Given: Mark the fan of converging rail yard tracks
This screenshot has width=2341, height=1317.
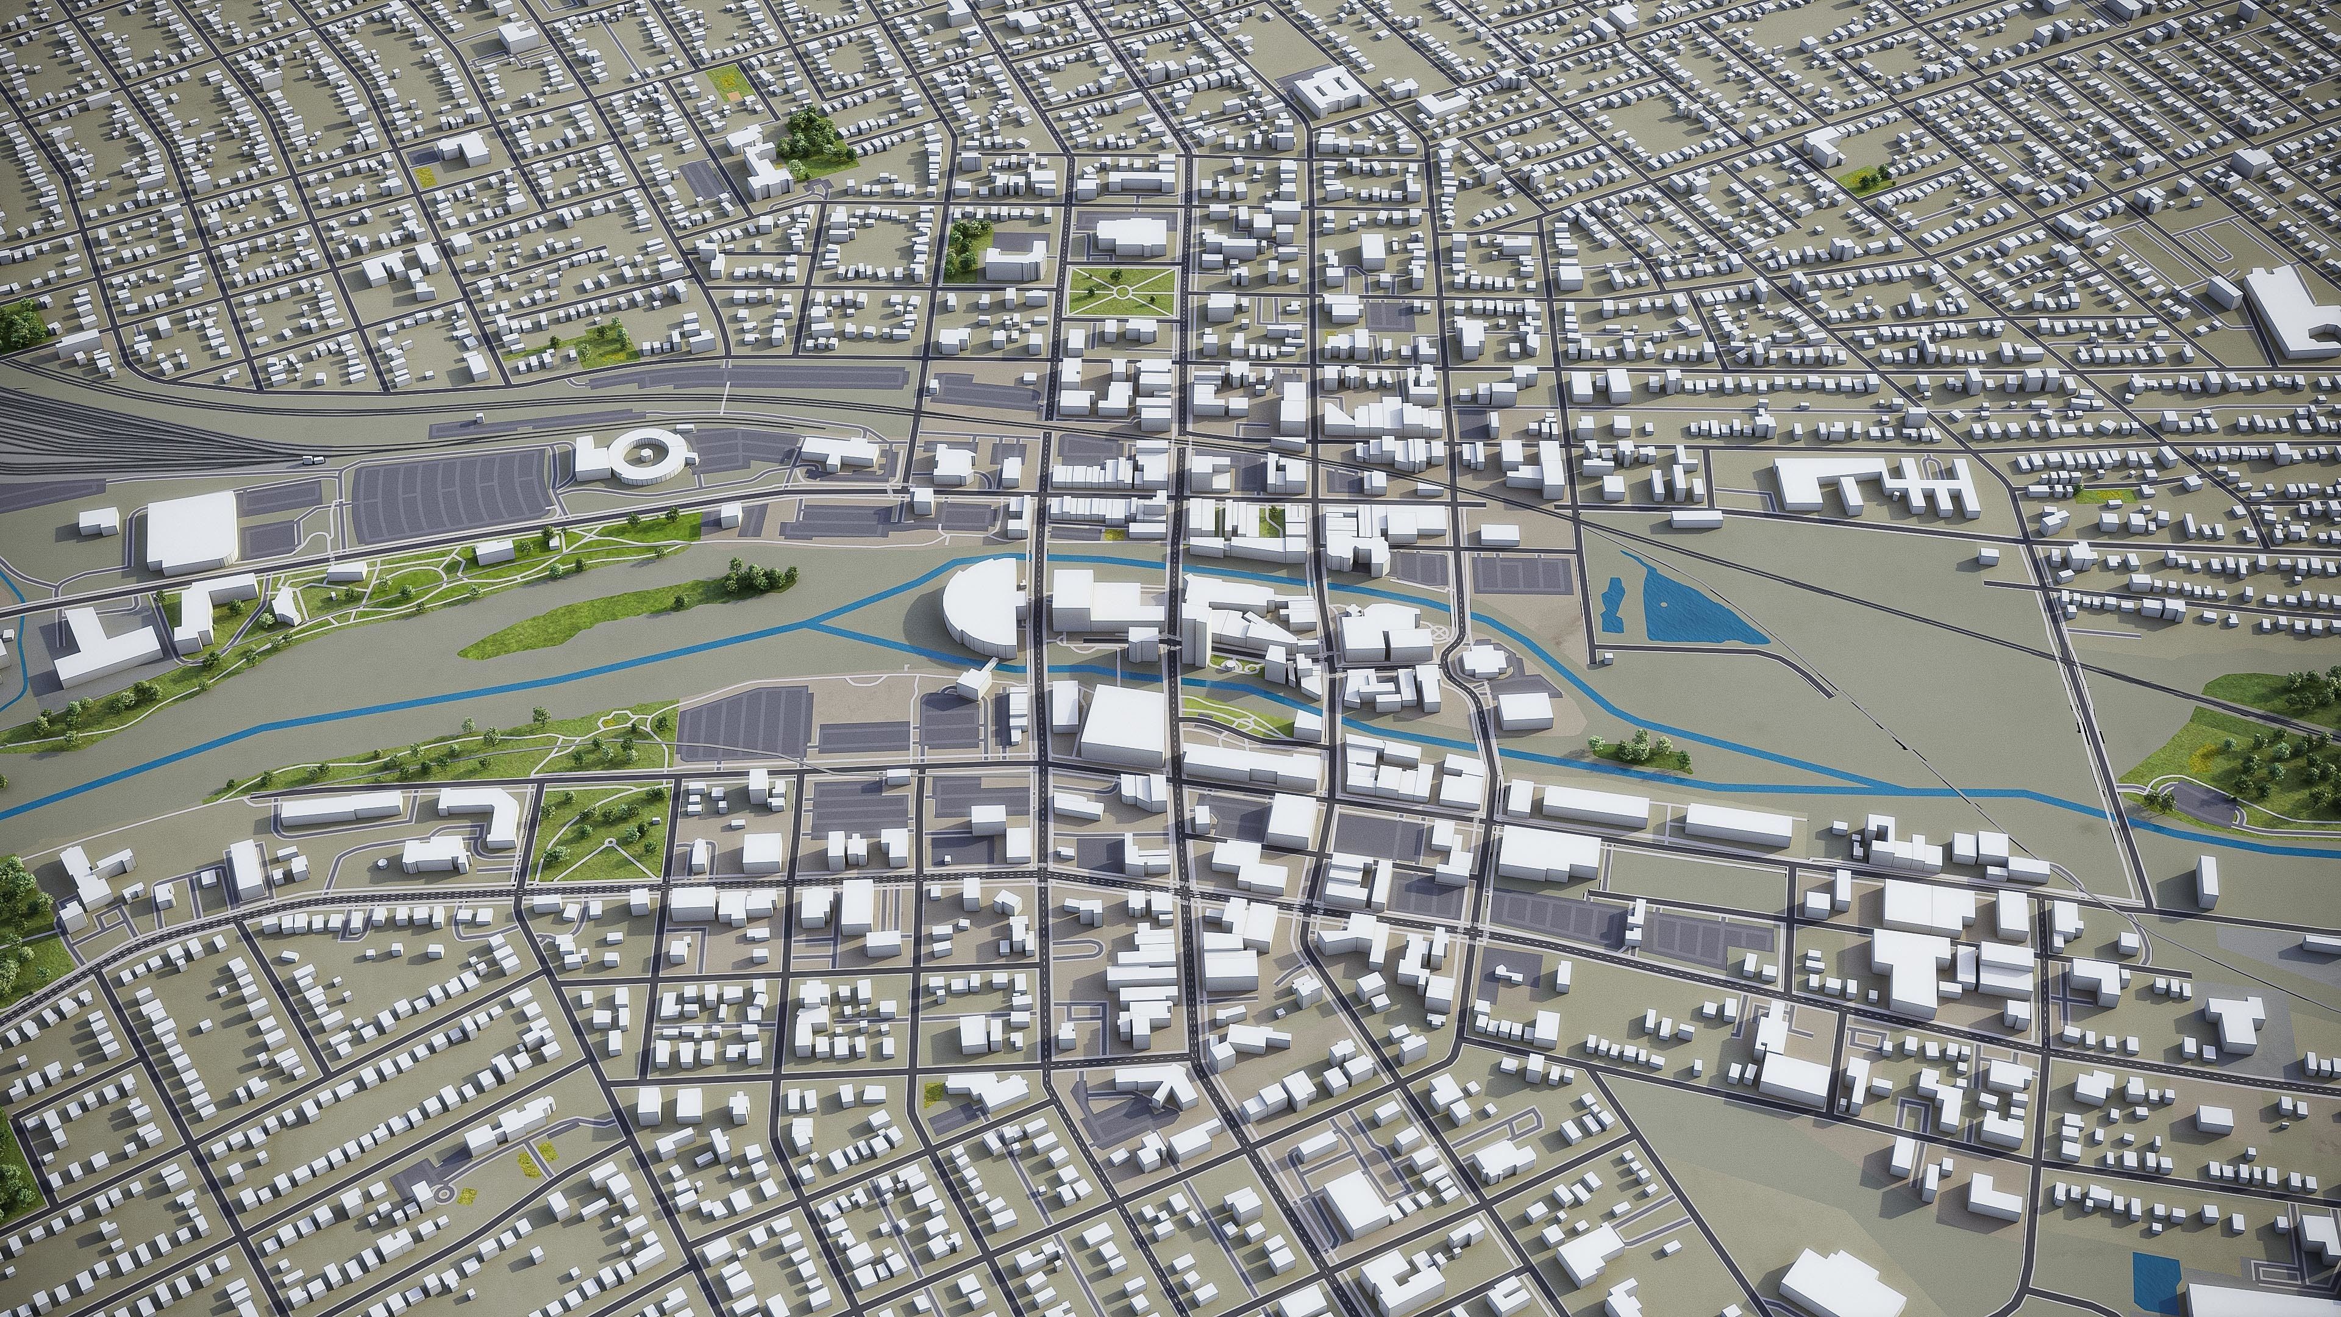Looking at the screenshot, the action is pos(54,437).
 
